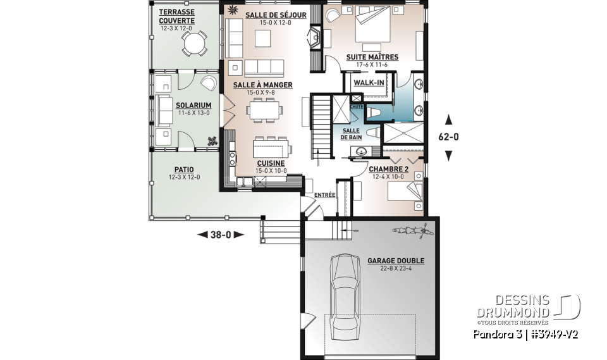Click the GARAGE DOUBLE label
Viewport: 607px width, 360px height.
(x=396, y=261)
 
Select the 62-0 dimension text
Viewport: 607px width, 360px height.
(x=449, y=136)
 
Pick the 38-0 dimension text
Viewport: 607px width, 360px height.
(x=221, y=234)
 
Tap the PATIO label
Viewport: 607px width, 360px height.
(x=184, y=170)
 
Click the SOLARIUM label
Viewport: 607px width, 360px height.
(x=193, y=105)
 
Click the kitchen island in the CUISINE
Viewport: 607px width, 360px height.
(x=273, y=149)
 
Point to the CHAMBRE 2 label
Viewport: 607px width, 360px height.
(x=388, y=169)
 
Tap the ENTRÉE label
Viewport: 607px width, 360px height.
(x=324, y=195)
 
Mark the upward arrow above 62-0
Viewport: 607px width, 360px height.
(x=449, y=118)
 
